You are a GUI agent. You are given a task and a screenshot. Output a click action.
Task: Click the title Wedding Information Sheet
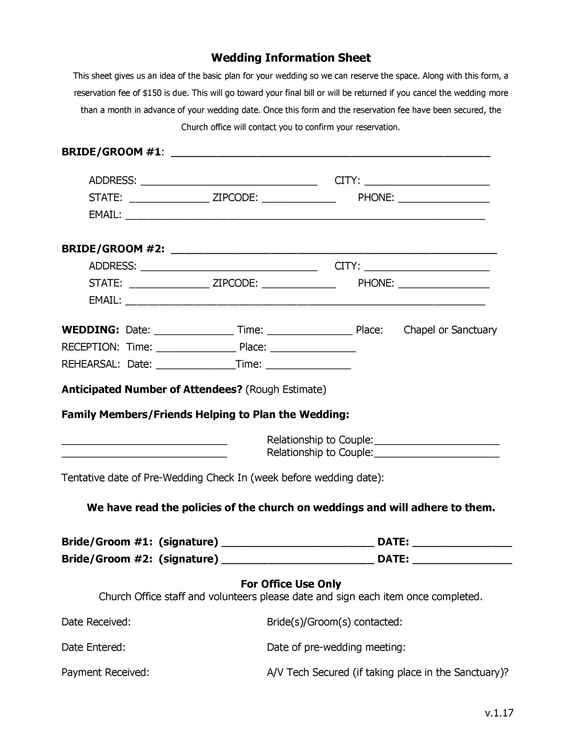(291, 58)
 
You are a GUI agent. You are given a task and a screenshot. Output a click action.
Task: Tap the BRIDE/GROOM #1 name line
(331, 152)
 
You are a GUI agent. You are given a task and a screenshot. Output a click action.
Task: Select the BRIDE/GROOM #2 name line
(334, 249)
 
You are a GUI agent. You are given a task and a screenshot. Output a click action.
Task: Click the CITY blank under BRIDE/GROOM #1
(427, 182)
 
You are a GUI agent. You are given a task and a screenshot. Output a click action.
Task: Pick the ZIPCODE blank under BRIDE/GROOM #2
(299, 284)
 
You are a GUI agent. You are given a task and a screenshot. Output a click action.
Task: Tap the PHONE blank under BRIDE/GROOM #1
(444, 199)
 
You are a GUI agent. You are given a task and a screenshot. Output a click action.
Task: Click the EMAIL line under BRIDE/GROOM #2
(305, 301)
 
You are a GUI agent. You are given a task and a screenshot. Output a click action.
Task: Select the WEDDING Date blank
(194, 331)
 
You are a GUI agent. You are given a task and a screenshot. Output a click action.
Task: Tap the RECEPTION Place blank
(313, 348)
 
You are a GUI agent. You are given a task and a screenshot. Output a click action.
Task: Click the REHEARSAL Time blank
(308, 365)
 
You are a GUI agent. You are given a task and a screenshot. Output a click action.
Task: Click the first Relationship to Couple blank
(436, 440)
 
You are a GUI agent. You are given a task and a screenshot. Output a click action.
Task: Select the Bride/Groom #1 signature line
(298, 542)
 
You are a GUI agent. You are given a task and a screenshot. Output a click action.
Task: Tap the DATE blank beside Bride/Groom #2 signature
(462, 559)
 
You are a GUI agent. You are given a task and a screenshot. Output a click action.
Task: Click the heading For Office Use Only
(291, 584)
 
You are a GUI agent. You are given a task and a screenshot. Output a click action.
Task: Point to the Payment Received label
(105, 672)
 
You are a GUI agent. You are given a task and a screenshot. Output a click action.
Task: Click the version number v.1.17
(499, 713)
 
